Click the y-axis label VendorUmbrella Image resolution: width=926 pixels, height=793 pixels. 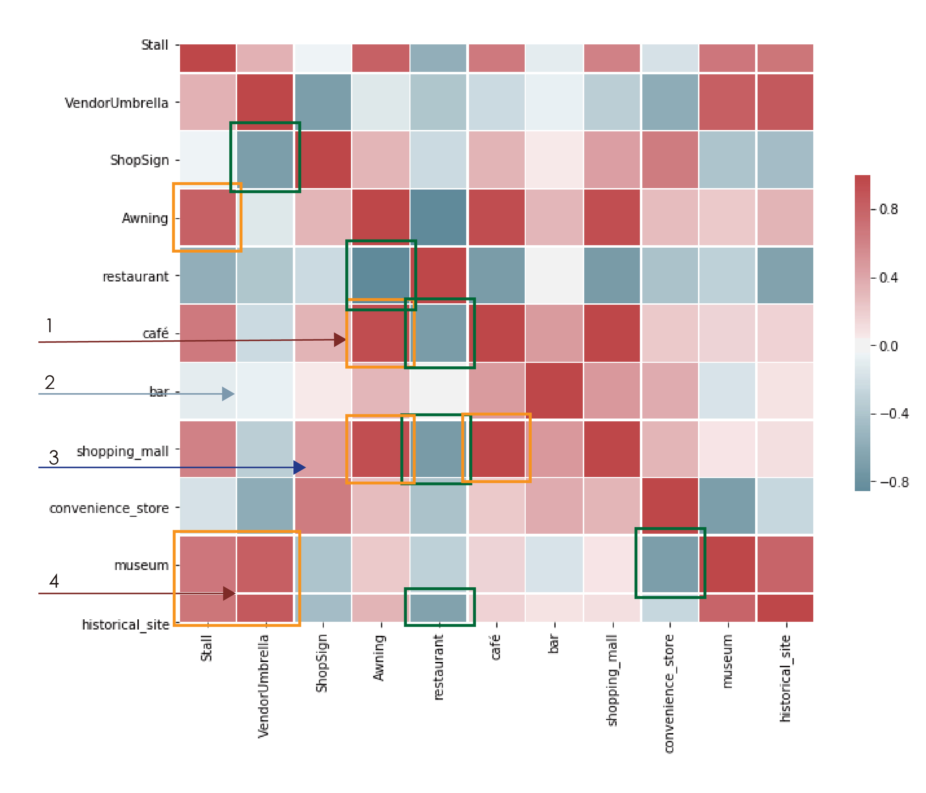coord(117,103)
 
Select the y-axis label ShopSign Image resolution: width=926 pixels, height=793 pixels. coord(140,160)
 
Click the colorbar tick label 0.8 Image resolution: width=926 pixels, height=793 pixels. coord(888,209)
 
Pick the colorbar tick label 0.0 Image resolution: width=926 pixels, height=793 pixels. coord(888,346)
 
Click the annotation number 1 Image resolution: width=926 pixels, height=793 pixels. coord(50,325)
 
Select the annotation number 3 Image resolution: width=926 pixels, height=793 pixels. coord(54,458)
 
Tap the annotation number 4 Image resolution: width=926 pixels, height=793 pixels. coord(54,581)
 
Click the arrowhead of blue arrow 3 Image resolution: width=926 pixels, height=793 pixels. coord(300,467)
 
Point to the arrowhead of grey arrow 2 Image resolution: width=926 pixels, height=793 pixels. coord(228,394)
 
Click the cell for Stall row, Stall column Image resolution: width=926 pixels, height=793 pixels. coord(208,58)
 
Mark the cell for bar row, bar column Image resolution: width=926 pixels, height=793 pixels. coord(554,390)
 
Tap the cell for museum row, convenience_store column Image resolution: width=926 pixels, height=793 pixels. coord(669,564)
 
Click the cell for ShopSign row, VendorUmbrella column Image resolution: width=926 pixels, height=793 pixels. coord(265,160)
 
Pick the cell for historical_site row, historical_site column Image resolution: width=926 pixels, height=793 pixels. coord(785,608)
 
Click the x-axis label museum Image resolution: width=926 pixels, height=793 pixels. coord(727,661)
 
